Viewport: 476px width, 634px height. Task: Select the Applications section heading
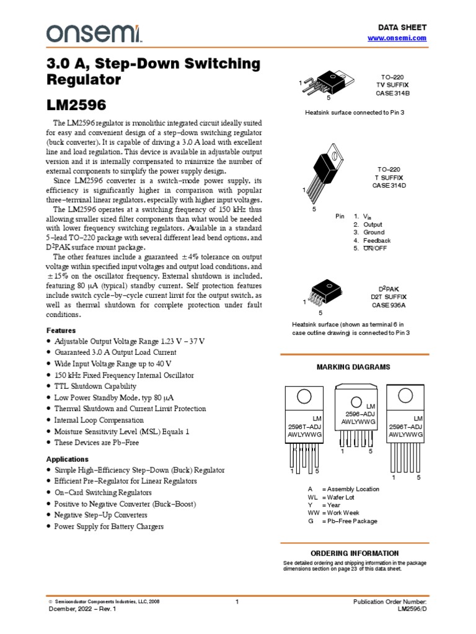coord(68,459)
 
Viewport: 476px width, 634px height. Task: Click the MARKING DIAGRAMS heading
coord(353,367)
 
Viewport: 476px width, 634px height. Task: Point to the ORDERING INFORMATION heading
coord(354,553)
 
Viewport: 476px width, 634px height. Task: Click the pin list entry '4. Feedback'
coord(372,240)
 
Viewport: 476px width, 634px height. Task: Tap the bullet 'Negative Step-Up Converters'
coord(100,515)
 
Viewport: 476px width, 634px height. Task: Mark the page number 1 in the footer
coord(237,602)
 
